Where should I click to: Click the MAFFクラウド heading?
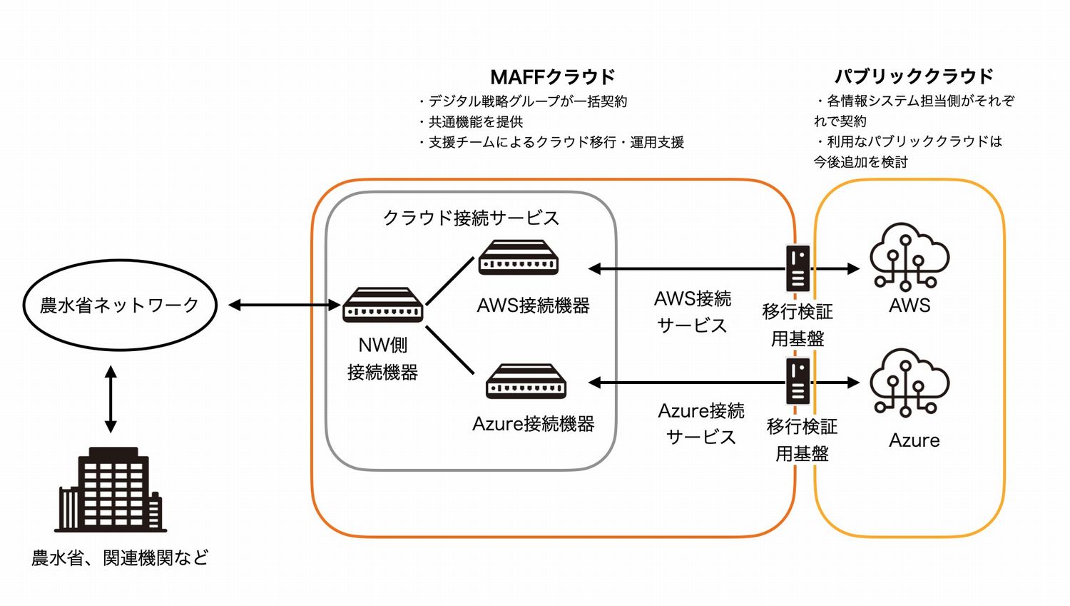point(552,76)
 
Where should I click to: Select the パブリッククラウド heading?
point(914,76)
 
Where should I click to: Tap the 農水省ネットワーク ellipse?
point(120,305)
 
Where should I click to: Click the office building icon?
point(111,490)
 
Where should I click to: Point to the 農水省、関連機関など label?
point(120,557)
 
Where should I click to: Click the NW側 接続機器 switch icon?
point(382,305)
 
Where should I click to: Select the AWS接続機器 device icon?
point(518,258)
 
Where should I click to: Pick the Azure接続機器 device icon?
point(526,381)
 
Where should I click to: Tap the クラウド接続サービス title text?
point(471,218)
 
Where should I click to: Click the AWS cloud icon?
point(909,258)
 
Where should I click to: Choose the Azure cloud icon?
point(909,382)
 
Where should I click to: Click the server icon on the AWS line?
point(798,268)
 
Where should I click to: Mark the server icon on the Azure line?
point(798,381)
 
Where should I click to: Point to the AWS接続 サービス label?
point(692,312)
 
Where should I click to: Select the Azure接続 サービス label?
point(700,424)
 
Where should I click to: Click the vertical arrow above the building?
point(111,399)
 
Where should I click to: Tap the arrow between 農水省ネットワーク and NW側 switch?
point(284,305)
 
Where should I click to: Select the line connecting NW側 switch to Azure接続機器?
point(450,350)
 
